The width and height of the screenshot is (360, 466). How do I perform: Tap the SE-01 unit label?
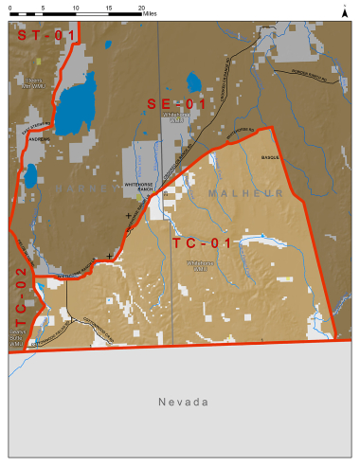click(175, 103)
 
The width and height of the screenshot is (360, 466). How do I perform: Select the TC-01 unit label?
click(201, 242)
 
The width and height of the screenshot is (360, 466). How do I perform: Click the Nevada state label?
click(183, 402)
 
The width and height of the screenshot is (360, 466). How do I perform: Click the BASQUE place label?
click(269, 160)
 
